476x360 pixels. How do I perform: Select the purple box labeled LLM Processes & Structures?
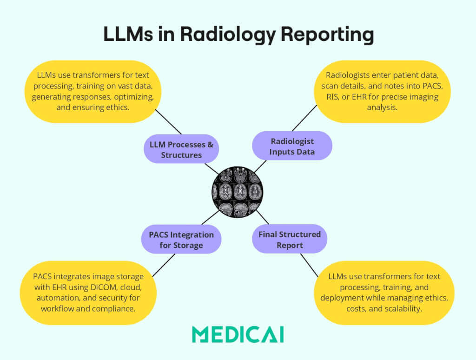point(181,149)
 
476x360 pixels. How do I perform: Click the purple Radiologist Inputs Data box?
point(292,146)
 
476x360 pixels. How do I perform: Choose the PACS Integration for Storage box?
point(181,240)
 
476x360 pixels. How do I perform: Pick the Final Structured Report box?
point(290,240)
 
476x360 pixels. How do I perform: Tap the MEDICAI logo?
point(238,334)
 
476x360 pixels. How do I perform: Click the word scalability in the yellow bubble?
point(399,308)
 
